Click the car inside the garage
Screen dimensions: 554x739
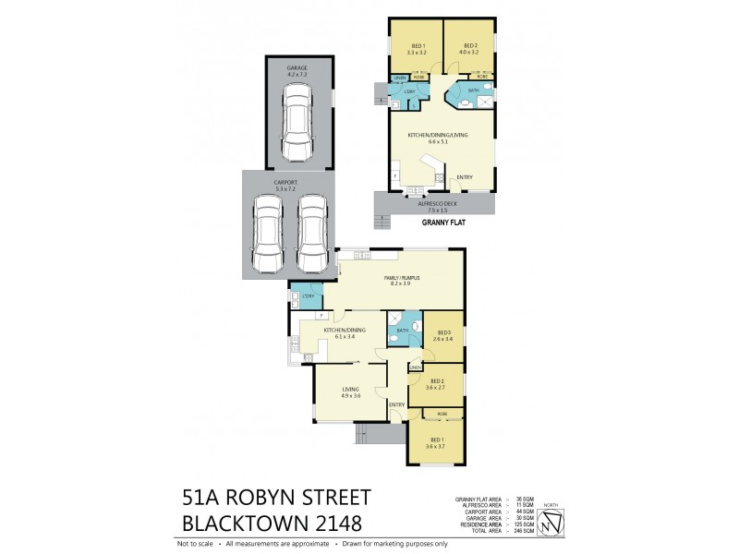pos(297,122)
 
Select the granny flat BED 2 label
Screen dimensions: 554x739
pos(470,49)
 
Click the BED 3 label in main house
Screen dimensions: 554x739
pos(442,335)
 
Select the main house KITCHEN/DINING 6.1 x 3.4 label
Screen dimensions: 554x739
pos(345,332)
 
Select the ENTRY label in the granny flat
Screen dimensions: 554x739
pos(465,177)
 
